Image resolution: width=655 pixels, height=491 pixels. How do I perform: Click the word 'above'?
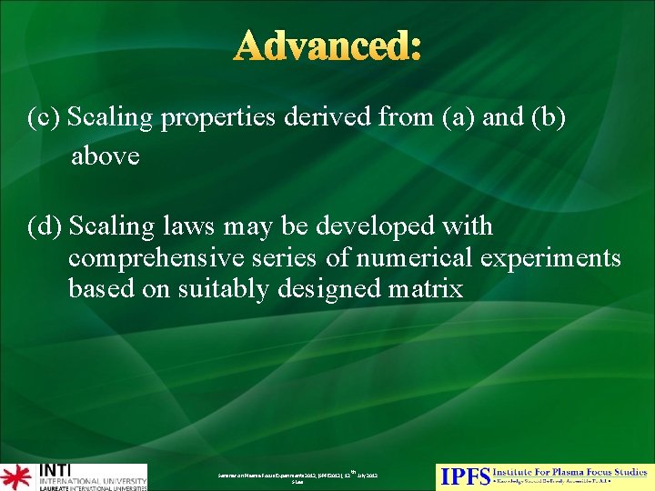(105, 156)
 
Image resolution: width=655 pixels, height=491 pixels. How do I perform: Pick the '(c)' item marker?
(45, 118)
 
